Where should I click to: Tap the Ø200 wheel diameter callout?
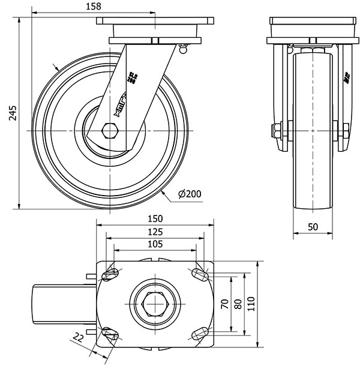point(190,193)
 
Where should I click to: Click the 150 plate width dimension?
point(157,220)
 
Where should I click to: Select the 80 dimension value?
point(238,304)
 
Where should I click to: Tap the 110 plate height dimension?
point(252,304)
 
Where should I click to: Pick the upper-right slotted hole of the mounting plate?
point(200,275)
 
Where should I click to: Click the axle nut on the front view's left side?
point(277,130)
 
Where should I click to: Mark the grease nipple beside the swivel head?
point(184,48)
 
